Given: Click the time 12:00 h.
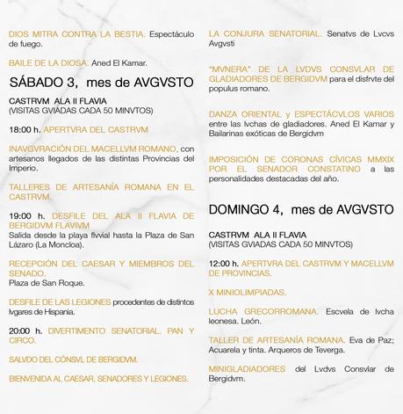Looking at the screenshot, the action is coord(224,263).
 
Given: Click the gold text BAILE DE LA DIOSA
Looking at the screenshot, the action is coord(45,62).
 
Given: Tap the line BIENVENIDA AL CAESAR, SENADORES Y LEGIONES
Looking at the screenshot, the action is coord(98,380).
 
